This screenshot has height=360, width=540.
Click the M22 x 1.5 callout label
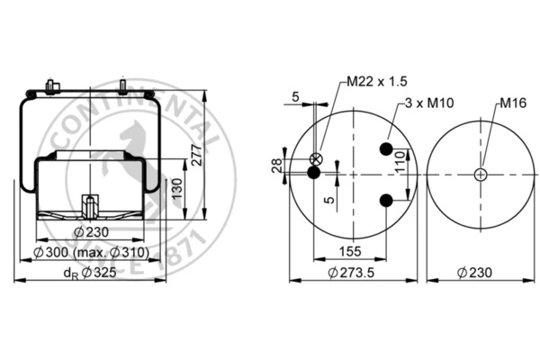(377, 82)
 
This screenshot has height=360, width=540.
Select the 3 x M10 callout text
(429, 103)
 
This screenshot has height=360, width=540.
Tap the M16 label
(513, 103)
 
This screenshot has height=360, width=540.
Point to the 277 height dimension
(196, 156)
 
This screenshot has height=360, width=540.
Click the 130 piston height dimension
(177, 188)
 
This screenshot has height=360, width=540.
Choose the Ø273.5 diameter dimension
(351, 273)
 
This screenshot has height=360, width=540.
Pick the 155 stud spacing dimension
(350, 251)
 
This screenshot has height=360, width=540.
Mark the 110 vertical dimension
(400, 162)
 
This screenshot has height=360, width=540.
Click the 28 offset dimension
(277, 166)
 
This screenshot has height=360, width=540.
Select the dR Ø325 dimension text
(90, 274)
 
